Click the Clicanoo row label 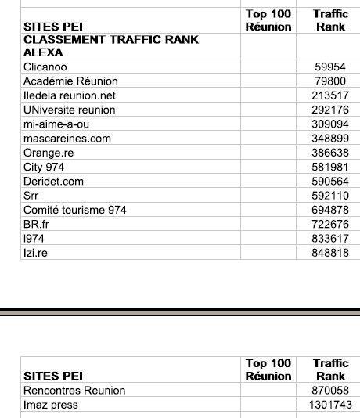coord(45,67)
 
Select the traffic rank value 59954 coord(329,67)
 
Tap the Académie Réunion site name coord(70,81)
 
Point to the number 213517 coord(329,95)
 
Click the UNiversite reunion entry coord(69,110)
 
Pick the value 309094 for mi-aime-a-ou coord(329,124)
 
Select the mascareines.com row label coord(67,139)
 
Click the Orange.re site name coord(49,153)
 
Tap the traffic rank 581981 coord(329,168)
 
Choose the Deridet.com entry coord(53,182)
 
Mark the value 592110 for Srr coord(329,196)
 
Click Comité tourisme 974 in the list coord(75,210)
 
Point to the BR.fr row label coord(36,225)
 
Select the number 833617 coord(329,239)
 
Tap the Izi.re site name coord(36,253)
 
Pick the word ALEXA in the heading coord(43,52)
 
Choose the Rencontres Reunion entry coord(74,391)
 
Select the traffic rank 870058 coord(329,391)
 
